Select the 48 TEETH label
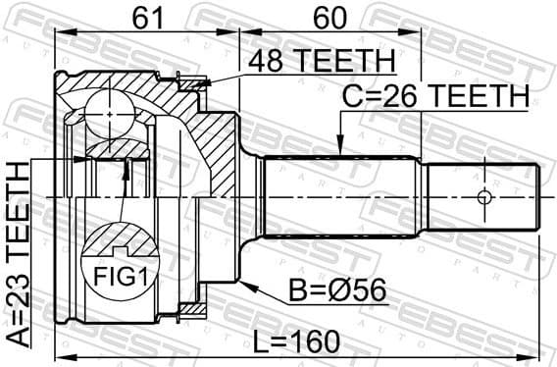(x=320, y=61)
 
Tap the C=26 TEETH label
(x=434, y=96)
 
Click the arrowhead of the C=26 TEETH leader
(x=340, y=149)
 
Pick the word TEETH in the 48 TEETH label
(x=347, y=61)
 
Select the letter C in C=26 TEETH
(x=351, y=96)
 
